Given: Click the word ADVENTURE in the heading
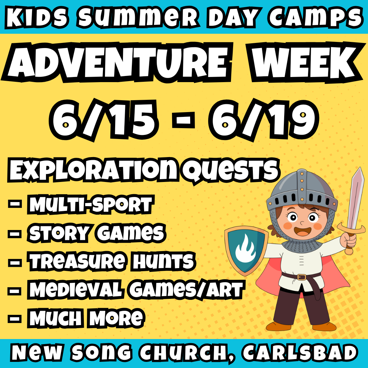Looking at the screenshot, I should pyautogui.click(x=116, y=62).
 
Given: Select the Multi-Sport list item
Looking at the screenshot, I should pyautogui.click(x=90, y=205).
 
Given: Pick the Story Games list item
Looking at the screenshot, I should pyautogui.click(x=97, y=233).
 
